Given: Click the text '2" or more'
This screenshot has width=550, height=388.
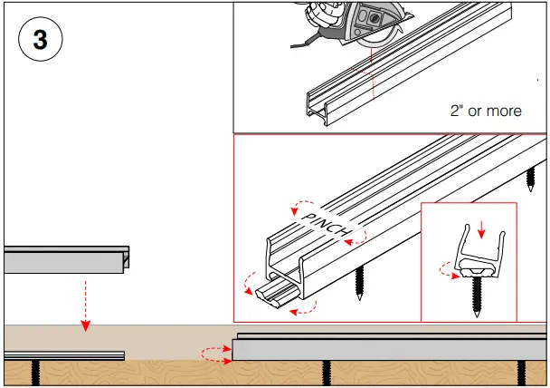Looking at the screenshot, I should pos(485,111).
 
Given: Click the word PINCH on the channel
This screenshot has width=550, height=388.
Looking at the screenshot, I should pos(327,225).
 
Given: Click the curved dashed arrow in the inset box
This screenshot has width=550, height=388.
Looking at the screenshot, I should pos(446,268).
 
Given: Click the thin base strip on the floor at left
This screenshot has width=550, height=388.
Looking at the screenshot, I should pos(63,354).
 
